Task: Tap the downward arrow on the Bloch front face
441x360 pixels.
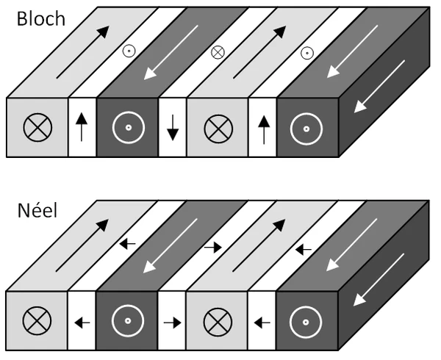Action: coord(173,126)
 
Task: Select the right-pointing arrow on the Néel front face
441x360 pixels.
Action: coord(173,321)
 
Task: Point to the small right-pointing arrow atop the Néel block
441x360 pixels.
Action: coord(213,247)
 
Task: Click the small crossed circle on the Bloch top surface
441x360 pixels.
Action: coord(218,52)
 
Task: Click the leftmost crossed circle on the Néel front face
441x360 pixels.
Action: coord(36,321)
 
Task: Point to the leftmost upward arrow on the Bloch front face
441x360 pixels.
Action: coord(82,126)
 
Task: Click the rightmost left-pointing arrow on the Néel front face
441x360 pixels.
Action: coord(263,321)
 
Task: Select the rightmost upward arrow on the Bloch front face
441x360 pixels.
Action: coord(263,126)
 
